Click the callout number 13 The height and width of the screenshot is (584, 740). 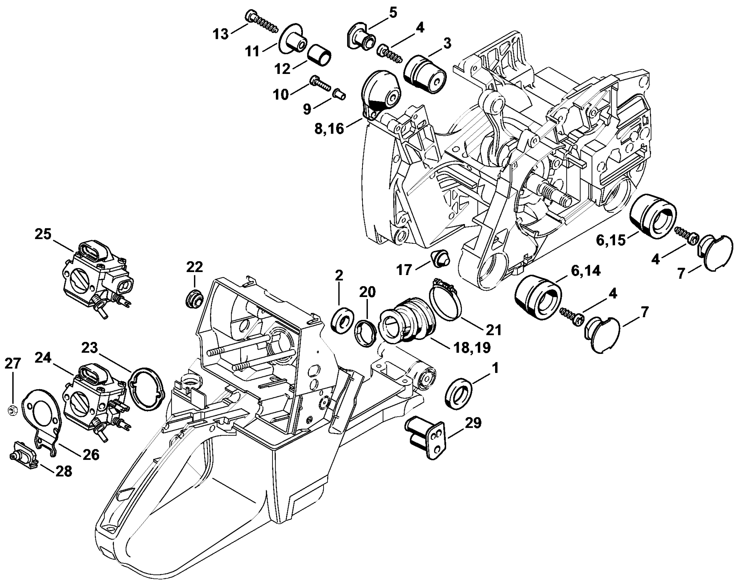pos(221,35)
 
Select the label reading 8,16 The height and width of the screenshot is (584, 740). pos(329,130)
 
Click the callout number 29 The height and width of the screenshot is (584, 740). pos(473,423)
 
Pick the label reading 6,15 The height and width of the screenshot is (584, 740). pos(611,240)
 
